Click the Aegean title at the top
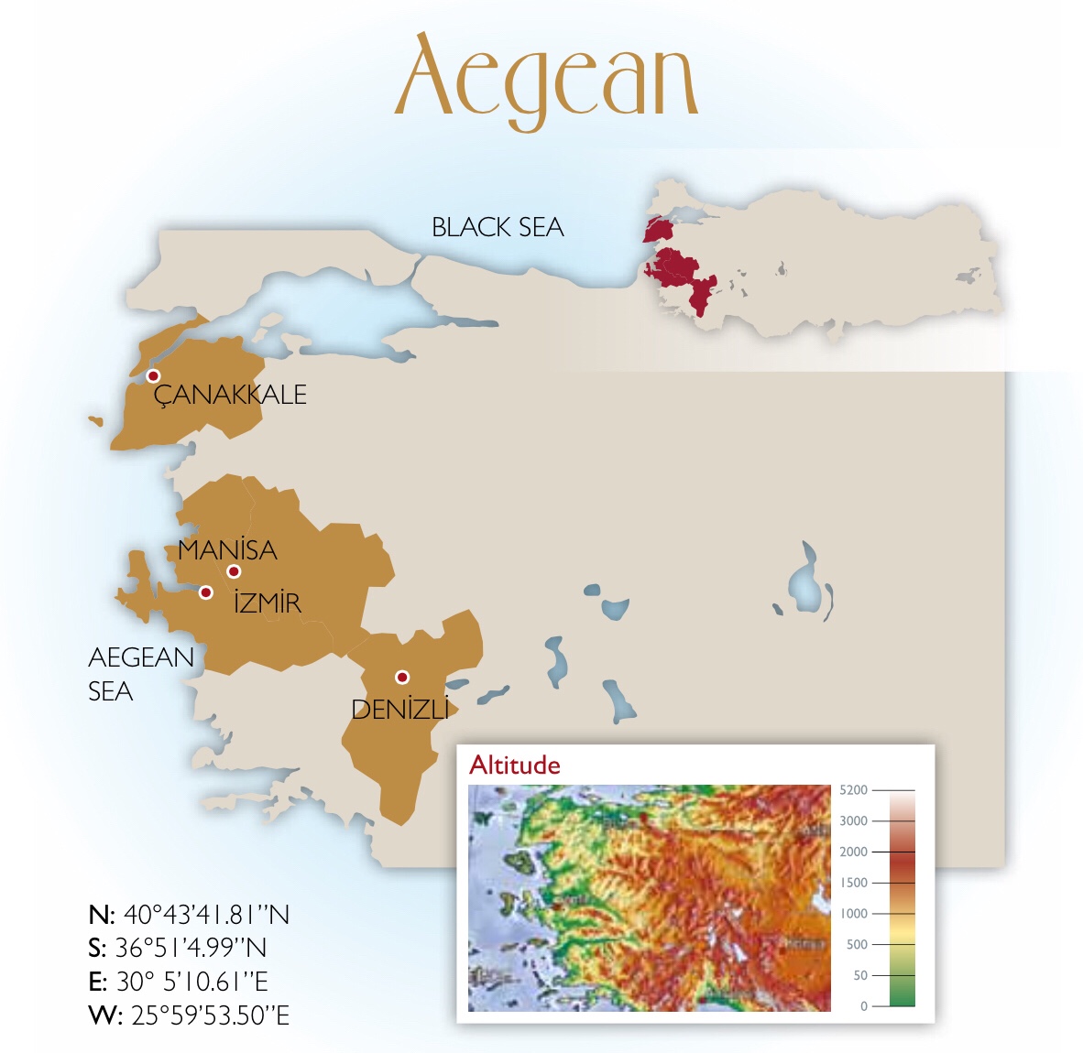pyautogui.click(x=547, y=80)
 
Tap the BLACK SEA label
pyautogui.click(x=498, y=227)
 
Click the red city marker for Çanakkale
pyautogui.click(x=153, y=376)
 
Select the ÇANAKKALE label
pyautogui.click(x=230, y=395)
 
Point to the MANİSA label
pyautogui.click(x=227, y=549)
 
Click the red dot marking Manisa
pyautogui.click(x=234, y=571)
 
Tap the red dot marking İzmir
pyautogui.click(x=206, y=592)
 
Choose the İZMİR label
pyautogui.click(x=267, y=603)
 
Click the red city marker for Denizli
pyautogui.click(x=401, y=678)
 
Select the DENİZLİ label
pyautogui.click(x=400, y=710)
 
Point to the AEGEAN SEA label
pyautogui.click(x=140, y=674)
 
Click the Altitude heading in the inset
pyautogui.click(x=514, y=765)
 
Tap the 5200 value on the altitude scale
pyautogui.click(x=853, y=789)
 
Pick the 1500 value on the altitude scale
pyautogui.click(x=853, y=883)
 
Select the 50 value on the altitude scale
pyautogui.click(x=859, y=975)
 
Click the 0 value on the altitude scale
pyautogui.click(x=863, y=1005)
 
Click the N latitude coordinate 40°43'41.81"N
pyautogui.click(x=189, y=915)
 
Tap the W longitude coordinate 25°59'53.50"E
pyautogui.click(x=189, y=1015)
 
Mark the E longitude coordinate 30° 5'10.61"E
pyautogui.click(x=178, y=982)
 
